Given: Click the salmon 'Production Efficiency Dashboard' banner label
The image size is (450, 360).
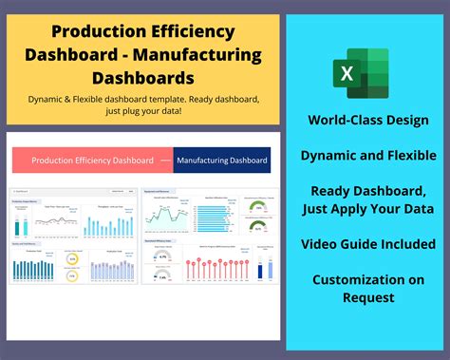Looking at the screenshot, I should click(x=93, y=161).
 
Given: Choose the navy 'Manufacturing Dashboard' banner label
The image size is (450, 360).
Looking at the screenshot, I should click(x=223, y=161).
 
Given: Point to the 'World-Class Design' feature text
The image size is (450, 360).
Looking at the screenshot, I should click(x=366, y=121).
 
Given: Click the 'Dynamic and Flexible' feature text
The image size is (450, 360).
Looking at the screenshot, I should click(x=366, y=154).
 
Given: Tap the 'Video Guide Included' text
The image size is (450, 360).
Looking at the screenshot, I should click(x=366, y=244).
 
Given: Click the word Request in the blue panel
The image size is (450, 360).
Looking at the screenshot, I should click(x=366, y=297).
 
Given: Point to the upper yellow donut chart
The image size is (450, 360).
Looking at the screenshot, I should click(x=69, y=258).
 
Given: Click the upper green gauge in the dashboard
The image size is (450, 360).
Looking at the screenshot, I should click(x=253, y=205).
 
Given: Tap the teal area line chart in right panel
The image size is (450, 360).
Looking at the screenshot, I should click(x=165, y=217).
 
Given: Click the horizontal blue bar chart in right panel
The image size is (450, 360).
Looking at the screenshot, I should click(x=211, y=217).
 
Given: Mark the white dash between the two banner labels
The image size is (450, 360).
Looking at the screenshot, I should click(x=170, y=161).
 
